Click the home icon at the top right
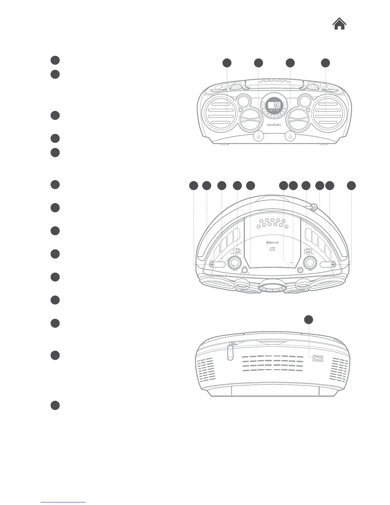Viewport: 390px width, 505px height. (x=340, y=24)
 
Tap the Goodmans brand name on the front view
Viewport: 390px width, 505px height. (x=274, y=125)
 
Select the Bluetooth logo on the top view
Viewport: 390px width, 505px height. (x=272, y=242)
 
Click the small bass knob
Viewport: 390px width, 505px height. (x=244, y=270)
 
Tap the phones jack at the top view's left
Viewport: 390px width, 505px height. (x=212, y=264)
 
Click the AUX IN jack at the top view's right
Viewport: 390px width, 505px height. (x=333, y=264)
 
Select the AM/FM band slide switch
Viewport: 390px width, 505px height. (x=308, y=251)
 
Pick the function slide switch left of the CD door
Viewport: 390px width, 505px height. (x=236, y=251)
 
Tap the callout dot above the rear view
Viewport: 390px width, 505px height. (x=308, y=319)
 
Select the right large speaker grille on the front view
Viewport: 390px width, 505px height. (x=328, y=114)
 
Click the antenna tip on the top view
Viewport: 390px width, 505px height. (x=314, y=208)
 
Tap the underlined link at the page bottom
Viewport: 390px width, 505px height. (x=63, y=502)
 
